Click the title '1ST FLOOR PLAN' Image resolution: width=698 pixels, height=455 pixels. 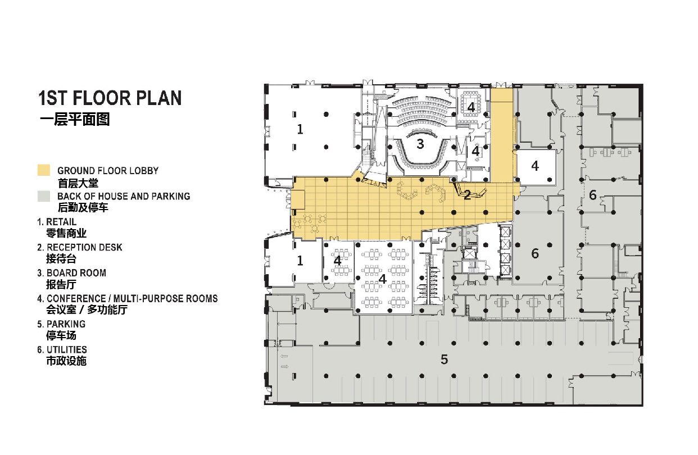tap(110, 98)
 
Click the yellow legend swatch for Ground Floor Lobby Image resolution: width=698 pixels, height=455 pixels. tap(44, 170)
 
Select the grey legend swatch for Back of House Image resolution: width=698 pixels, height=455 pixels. tap(44, 196)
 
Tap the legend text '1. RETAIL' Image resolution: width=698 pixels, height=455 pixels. tap(57, 222)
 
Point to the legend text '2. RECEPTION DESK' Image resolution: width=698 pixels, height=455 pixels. tap(80, 247)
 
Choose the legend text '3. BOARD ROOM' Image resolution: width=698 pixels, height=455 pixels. tap(72, 273)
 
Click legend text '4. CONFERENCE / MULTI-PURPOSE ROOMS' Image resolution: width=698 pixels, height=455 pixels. tap(128, 298)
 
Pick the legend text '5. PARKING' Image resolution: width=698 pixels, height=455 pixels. tap(61, 324)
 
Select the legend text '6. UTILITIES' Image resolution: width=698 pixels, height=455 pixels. tap(62, 349)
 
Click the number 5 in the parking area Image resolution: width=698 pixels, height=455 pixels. tap(444, 360)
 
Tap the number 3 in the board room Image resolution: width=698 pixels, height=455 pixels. tap(420, 144)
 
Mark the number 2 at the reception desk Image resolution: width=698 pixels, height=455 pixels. tap(467, 195)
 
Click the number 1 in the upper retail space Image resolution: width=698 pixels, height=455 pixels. tap(300, 129)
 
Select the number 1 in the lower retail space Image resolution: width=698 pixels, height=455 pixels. tap(300, 261)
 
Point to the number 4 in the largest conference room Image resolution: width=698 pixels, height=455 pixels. tap(382, 279)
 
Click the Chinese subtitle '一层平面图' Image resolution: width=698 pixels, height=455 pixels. tap(75, 120)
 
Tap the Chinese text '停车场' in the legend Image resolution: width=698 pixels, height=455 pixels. tap(61, 335)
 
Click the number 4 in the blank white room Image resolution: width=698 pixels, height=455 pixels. tap(535, 166)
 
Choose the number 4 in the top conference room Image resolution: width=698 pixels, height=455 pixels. tap(471, 107)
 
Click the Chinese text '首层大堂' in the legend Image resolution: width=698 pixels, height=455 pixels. tap(78, 183)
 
